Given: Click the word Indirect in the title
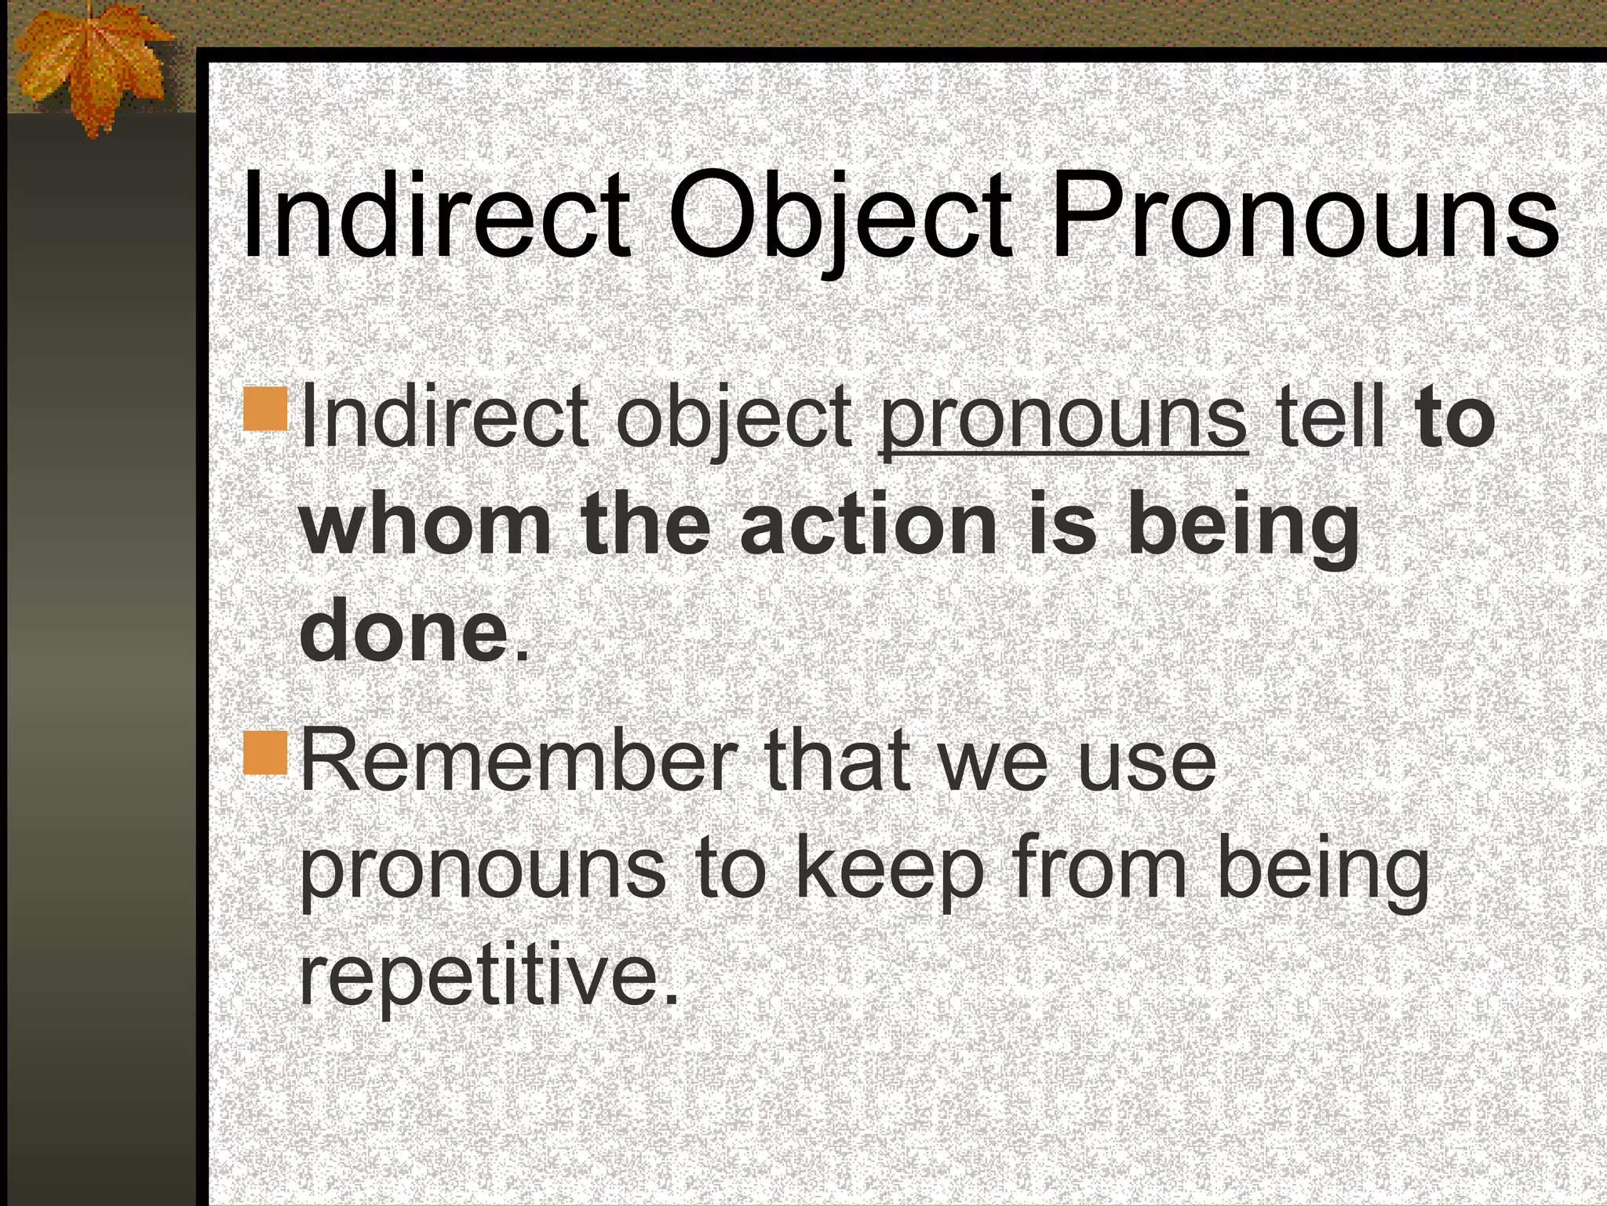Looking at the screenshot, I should (x=435, y=216).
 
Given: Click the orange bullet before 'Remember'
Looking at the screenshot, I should (x=265, y=752).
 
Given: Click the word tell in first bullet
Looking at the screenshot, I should (x=1329, y=416).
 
